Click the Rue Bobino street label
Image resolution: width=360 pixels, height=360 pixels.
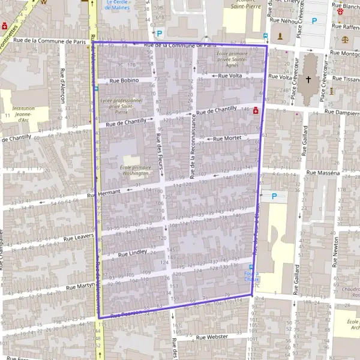(124, 80)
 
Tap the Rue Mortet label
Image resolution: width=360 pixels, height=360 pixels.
(227, 139)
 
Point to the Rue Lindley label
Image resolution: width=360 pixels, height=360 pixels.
(133, 253)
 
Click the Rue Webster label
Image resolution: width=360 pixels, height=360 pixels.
(212, 337)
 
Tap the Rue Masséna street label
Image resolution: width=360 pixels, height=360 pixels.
(323, 173)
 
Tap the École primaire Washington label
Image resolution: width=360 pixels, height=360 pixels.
(135, 170)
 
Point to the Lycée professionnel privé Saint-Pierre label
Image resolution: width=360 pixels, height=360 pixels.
(122, 106)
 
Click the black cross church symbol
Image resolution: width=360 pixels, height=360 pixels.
(308, 79)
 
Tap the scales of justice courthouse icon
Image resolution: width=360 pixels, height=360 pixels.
(344, 38)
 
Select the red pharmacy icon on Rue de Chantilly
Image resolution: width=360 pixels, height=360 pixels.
(256, 110)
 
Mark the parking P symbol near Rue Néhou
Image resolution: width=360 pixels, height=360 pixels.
(314, 20)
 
